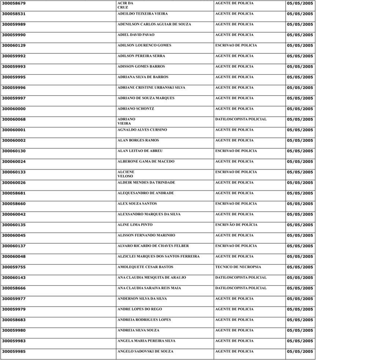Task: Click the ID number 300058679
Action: (x=14, y=3)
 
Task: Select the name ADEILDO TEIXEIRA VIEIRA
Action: (x=142, y=14)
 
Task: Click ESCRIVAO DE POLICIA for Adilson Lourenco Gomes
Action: (x=236, y=45)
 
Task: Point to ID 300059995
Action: (x=14, y=77)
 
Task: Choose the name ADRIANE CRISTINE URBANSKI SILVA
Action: (x=151, y=88)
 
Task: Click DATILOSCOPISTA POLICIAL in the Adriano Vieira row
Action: (x=241, y=120)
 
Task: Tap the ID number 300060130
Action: (x=14, y=151)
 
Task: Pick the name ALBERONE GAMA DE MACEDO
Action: (x=146, y=162)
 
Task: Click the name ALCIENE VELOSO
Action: (x=126, y=174)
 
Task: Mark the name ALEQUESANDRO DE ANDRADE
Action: (x=145, y=193)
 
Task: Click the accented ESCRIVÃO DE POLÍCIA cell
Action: (x=236, y=225)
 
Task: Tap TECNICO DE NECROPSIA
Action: (x=238, y=267)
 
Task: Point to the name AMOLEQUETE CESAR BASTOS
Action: (x=145, y=267)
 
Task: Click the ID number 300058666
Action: (x=14, y=289)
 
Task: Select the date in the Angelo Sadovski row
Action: (x=300, y=352)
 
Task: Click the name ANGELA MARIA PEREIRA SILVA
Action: (x=146, y=341)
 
